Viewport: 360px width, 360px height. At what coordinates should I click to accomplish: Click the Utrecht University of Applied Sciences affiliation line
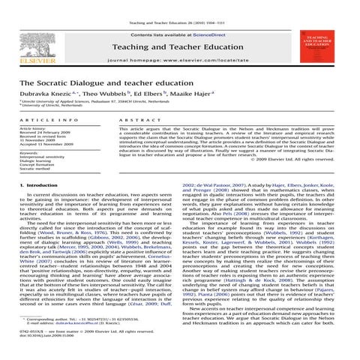(x=120, y=102)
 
